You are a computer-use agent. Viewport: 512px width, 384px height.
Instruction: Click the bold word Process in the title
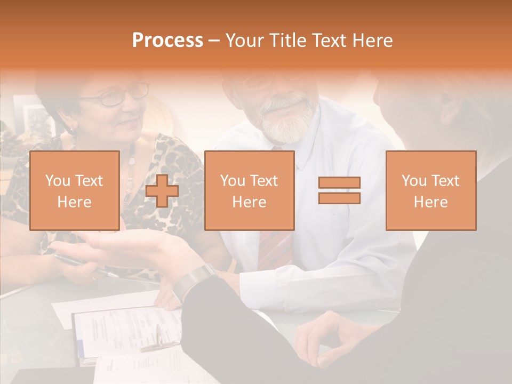click(167, 40)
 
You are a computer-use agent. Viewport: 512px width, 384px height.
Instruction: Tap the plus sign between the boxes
click(162, 191)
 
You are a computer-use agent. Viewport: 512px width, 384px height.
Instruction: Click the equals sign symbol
click(339, 190)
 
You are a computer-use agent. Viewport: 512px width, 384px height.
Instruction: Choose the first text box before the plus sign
click(74, 191)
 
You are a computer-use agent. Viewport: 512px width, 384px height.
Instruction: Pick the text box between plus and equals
click(249, 191)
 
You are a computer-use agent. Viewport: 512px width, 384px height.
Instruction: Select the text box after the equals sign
click(430, 191)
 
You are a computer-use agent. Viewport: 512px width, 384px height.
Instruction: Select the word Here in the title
click(373, 40)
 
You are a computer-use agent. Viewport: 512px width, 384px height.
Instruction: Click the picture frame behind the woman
click(35, 117)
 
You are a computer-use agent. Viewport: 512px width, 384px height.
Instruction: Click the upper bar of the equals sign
click(339, 183)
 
